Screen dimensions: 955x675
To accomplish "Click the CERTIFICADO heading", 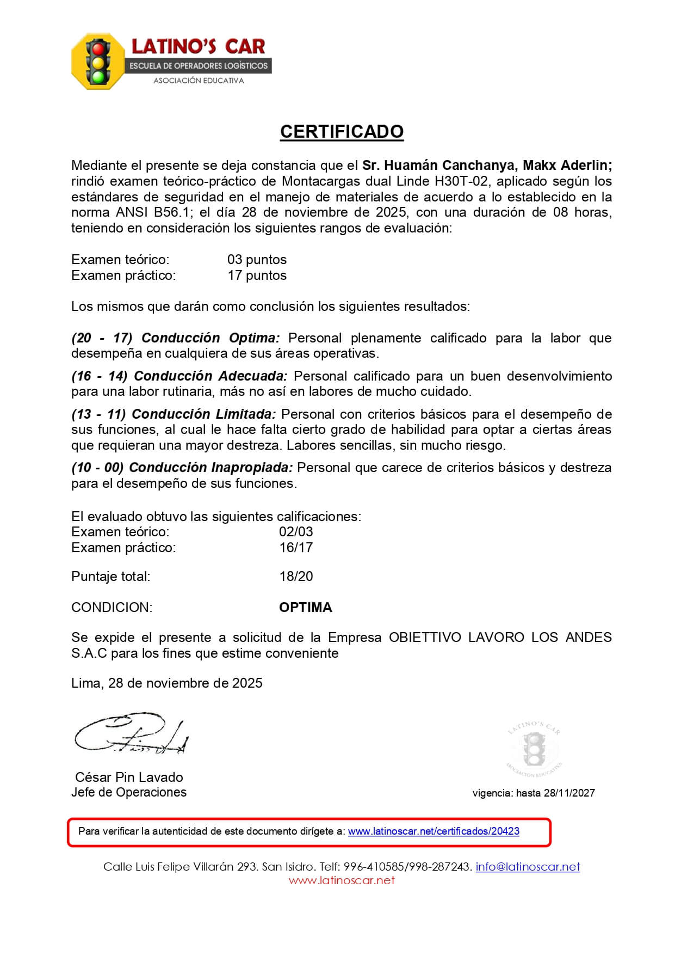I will (342, 132).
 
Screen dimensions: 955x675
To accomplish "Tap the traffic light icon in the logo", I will (98, 61).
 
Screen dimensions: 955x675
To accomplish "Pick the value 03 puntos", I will (257, 260).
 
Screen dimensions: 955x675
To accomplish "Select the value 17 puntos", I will (257, 276).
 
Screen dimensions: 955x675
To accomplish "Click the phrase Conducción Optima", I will (210, 338).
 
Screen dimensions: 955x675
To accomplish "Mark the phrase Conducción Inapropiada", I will (211, 468).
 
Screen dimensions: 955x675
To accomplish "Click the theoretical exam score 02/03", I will (296, 532).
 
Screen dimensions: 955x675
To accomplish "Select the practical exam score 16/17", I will (296, 548).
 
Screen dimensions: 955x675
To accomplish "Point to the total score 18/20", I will (296, 577).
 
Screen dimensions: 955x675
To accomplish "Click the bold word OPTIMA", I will (305, 608).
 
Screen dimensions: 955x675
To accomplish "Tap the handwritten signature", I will (131, 733).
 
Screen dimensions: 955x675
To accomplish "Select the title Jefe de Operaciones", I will (129, 793).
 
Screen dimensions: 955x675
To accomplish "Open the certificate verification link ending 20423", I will (434, 831).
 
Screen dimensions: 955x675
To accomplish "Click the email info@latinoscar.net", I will (528, 867).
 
